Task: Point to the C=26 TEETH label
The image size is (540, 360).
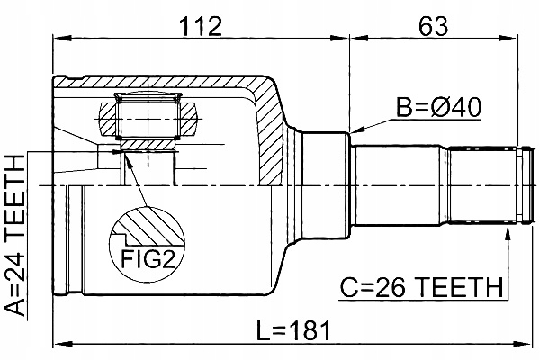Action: (x=421, y=288)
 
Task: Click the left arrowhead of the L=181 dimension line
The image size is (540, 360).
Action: (x=59, y=343)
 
